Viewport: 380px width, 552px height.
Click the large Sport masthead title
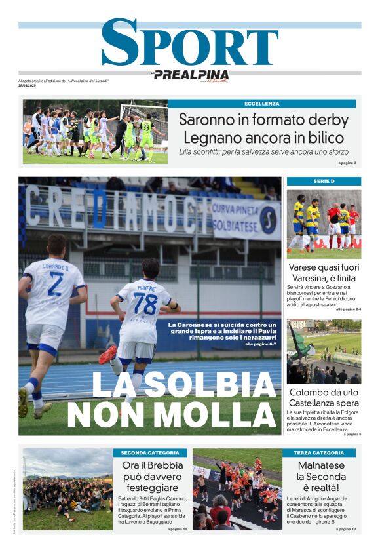189,43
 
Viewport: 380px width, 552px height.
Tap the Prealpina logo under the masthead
191,75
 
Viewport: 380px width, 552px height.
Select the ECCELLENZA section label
261,104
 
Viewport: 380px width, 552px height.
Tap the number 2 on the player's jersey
54,283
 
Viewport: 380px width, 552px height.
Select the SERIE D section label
324,181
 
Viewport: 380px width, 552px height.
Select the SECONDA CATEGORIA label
149,452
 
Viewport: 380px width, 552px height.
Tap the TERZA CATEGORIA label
319,452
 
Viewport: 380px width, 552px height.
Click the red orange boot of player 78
107,355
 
